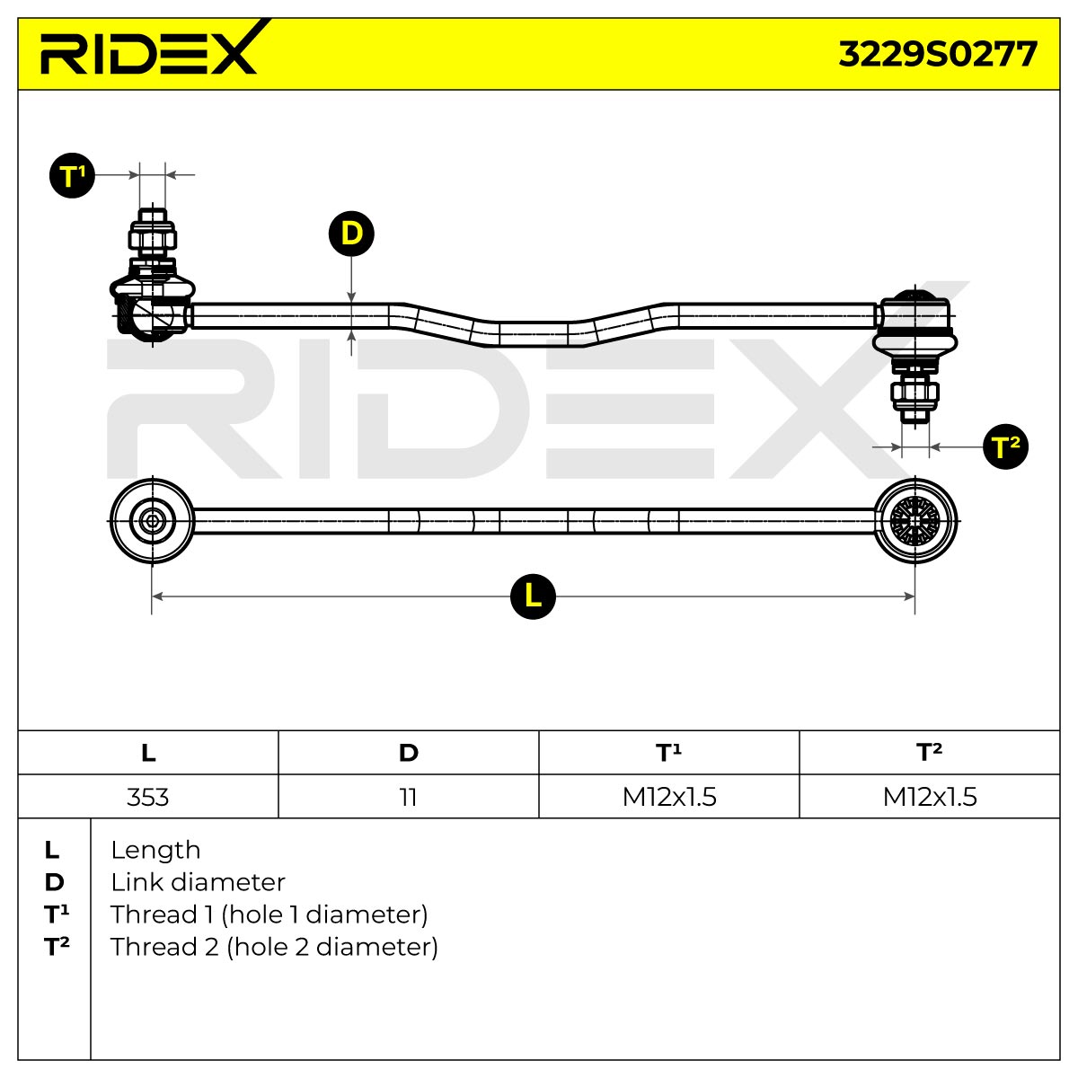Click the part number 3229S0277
click(x=938, y=54)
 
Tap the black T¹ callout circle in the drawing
click(x=72, y=175)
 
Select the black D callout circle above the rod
click(x=351, y=234)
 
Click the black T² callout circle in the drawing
click(x=1005, y=446)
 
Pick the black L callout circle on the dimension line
click(x=533, y=596)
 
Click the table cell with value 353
click(x=147, y=797)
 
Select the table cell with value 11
click(x=409, y=797)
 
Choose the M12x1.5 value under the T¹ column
click(x=669, y=797)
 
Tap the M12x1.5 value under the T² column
click(x=930, y=797)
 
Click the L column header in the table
click(x=147, y=753)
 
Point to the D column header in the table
click(x=409, y=753)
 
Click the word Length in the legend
click(x=155, y=851)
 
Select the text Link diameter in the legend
click(x=198, y=882)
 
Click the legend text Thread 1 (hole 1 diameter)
click(x=269, y=915)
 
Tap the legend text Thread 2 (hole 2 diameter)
click(x=274, y=947)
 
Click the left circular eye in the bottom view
click(x=152, y=521)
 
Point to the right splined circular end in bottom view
click(x=915, y=521)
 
